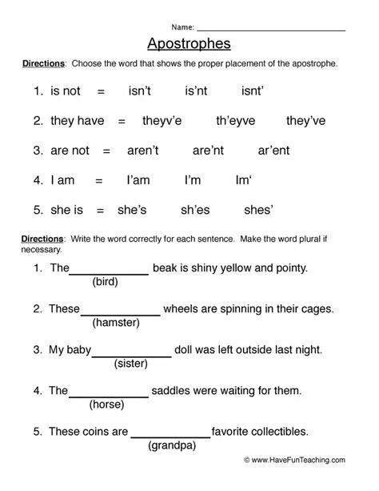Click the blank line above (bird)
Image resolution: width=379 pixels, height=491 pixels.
110,274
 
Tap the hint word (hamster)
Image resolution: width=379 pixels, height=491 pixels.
116,322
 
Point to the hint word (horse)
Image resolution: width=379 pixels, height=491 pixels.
106,404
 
